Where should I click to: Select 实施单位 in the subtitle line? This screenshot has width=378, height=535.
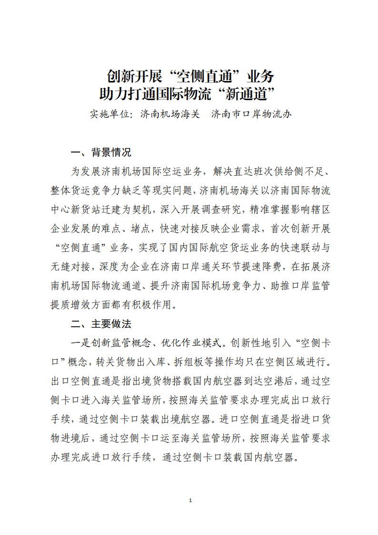tap(109, 115)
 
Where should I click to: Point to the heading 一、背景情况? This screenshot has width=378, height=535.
tap(101, 153)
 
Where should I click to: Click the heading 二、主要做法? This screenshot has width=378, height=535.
tap(101, 324)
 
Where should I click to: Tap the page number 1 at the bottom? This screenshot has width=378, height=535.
tap(190, 500)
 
